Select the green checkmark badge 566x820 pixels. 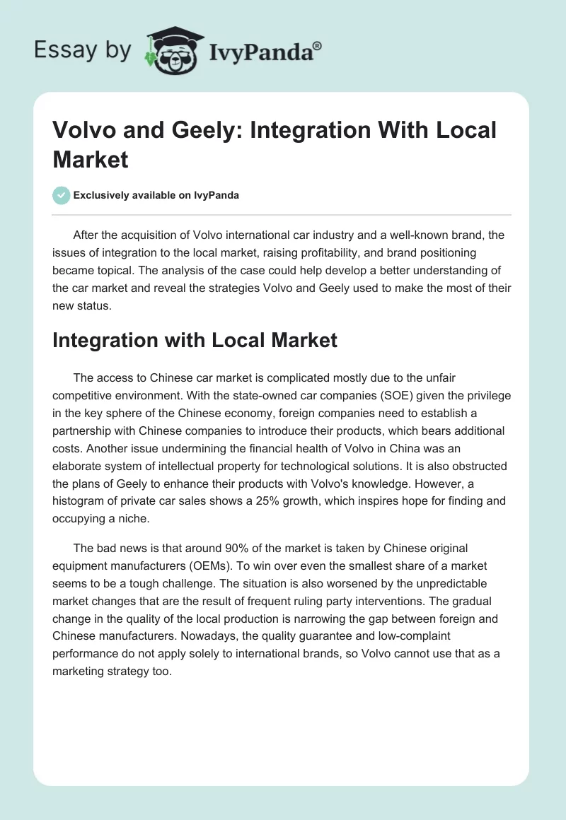point(61,196)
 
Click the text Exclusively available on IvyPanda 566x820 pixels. point(156,196)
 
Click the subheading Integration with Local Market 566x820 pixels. point(195,341)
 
